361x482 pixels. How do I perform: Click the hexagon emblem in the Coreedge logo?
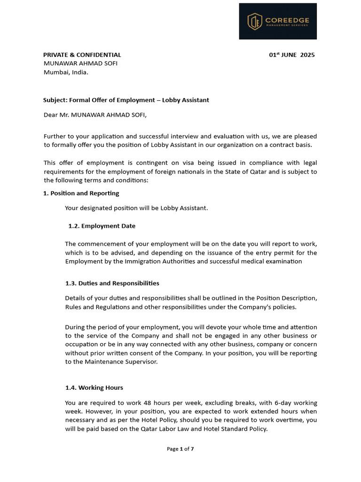click(255, 21)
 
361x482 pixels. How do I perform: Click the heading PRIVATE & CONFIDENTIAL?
click(82, 55)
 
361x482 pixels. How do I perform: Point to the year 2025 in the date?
click(307, 55)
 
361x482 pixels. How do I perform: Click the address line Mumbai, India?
click(66, 72)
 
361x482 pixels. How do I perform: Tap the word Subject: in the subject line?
click(55, 100)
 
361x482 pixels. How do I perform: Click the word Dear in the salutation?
click(51, 114)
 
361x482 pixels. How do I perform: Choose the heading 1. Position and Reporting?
click(81, 193)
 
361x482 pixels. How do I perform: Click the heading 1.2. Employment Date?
click(102, 226)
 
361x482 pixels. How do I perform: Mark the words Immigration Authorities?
click(155, 261)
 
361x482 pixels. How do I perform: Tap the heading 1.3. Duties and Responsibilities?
click(112, 283)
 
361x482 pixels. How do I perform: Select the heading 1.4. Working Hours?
click(94, 388)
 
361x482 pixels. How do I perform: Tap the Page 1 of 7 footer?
click(180, 449)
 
